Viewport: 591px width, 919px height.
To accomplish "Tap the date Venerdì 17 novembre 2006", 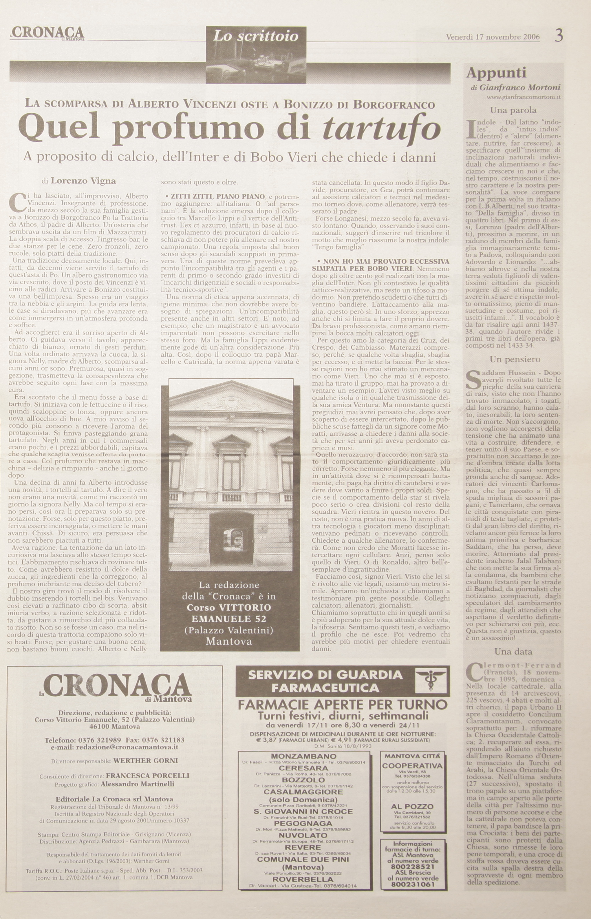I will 493,37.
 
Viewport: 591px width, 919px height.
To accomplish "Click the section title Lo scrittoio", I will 256,37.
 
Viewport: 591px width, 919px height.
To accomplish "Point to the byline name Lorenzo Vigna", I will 83,181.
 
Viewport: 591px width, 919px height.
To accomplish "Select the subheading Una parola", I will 513,110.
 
